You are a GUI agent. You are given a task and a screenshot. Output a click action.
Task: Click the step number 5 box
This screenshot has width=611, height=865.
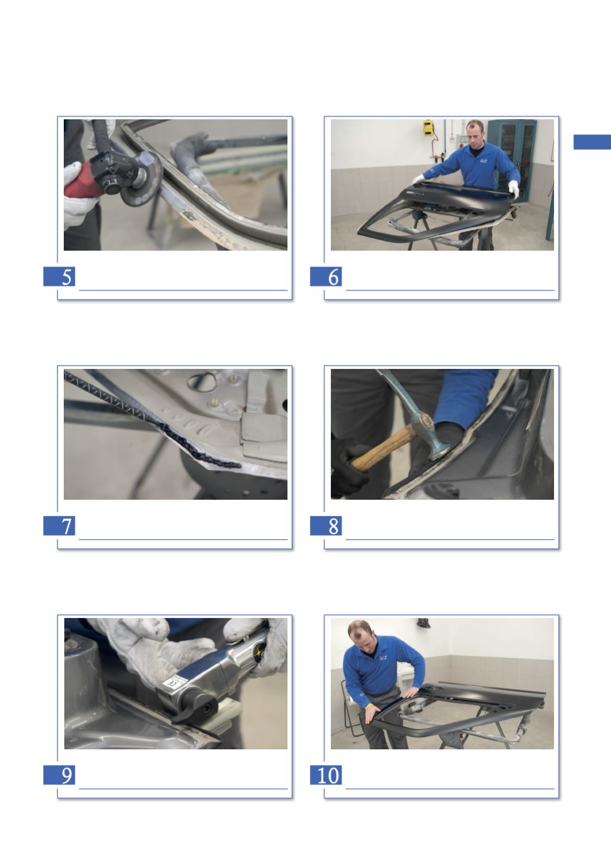(59, 276)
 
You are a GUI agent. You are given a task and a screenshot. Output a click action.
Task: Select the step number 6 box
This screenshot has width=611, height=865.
(326, 276)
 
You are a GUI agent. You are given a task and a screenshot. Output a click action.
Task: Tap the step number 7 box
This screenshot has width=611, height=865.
(59, 525)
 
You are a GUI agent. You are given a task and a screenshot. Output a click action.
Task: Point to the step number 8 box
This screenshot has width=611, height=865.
(326, 525)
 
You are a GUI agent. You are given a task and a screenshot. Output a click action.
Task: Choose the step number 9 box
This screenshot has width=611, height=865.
(59, 774)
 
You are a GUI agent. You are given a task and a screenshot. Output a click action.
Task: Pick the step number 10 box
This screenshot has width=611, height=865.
(326, 774)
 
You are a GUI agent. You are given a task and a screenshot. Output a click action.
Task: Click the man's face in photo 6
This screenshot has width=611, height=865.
(475, 133)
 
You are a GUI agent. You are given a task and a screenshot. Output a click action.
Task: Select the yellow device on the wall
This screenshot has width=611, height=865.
(428, 128)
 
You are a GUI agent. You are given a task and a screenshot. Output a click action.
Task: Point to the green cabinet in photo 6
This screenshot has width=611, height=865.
(512, 159)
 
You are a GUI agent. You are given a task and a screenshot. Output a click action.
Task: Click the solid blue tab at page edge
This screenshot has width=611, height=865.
(592, 142)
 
